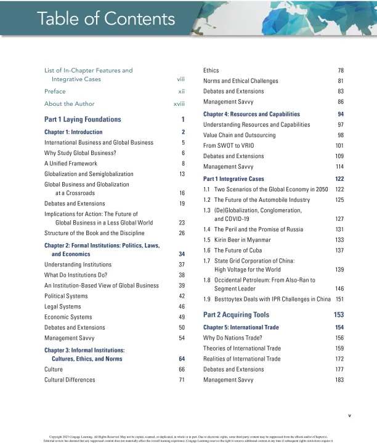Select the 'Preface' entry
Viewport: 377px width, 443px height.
tap(55, 91)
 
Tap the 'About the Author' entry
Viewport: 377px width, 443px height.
tap(69, 103)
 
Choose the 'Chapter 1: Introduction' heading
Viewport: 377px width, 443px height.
tap(73, 132)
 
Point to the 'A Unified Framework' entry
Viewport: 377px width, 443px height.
tap(71, 164)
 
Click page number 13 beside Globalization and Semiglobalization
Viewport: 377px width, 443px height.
tap(182, 174)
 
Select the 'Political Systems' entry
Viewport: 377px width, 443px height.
tap(66, 296)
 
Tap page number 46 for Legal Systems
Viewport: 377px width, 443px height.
tap(182, 306)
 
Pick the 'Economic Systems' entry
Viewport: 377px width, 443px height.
tap(67, 317)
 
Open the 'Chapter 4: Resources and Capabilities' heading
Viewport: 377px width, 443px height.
tap(251, 114)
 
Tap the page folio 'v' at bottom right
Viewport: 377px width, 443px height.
tap(349, 415)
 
